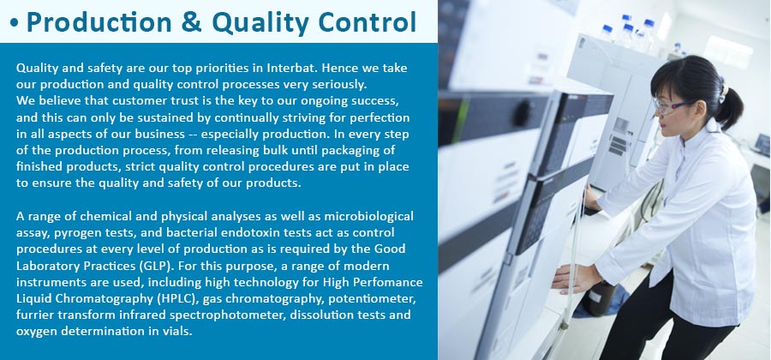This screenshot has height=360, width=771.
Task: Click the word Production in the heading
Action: point(99,22)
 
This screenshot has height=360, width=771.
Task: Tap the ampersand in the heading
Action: point(192,22)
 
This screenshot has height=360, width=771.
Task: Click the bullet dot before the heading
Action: point(14,24)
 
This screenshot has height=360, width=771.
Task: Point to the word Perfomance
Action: point(386,282)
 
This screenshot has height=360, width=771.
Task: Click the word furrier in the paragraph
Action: point(32,315)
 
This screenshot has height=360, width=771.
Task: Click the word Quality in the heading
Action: point(260,22)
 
